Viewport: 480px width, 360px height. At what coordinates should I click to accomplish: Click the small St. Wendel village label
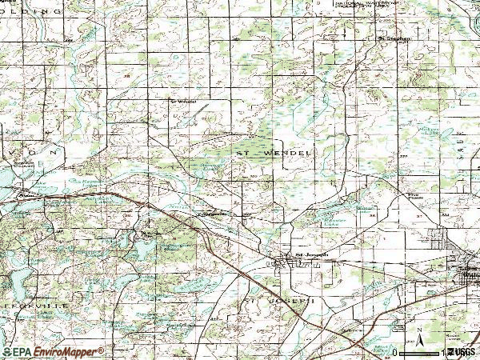point(182,102)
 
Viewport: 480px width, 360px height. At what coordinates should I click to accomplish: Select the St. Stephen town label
point(394,38)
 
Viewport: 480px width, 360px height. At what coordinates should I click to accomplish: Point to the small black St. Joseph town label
point(312,255)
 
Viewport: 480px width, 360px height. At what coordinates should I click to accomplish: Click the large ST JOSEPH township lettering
point(276,301)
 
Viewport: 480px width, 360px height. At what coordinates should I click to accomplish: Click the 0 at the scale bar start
point(396,352)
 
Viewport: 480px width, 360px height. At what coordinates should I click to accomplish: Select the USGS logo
point(462,351)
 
